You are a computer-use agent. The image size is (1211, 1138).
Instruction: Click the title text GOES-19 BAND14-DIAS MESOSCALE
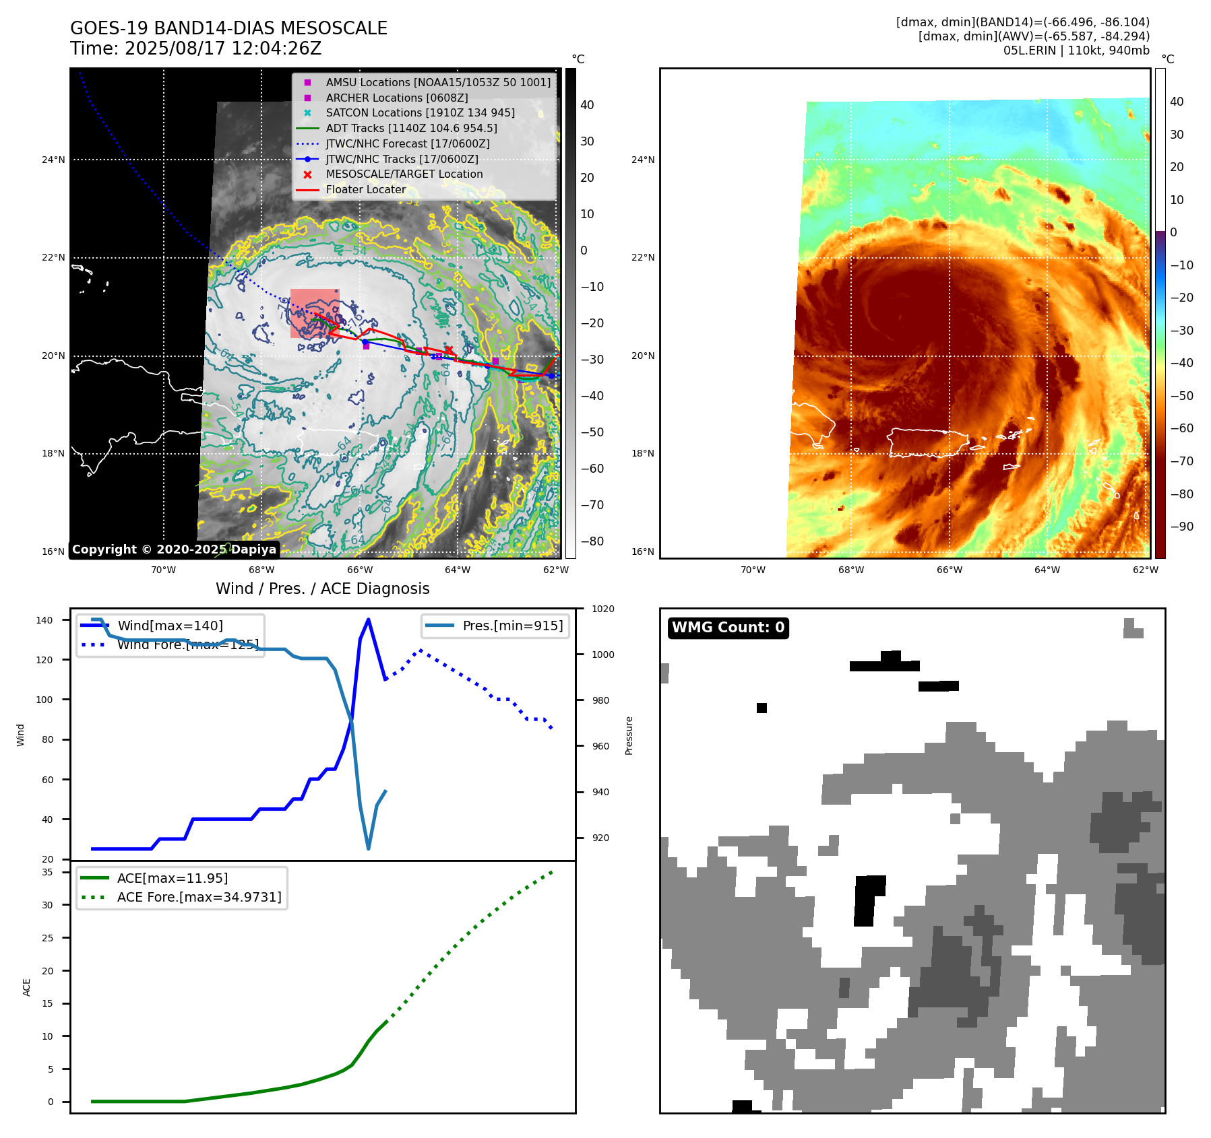point(228,28)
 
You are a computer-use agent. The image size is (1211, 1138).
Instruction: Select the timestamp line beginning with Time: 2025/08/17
point(195,48)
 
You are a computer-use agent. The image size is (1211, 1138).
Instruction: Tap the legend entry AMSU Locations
point(437,82)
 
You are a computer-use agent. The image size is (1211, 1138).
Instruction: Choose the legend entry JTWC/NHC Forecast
point(407,143)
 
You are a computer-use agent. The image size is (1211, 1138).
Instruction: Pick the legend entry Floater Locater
point(365,189)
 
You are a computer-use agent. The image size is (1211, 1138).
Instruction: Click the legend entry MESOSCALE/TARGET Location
point(404,174)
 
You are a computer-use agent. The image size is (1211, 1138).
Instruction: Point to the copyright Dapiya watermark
point(174,549)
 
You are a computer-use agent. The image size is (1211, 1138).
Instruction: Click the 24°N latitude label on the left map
point(53,160)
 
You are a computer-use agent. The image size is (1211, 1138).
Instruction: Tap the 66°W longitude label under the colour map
point(949,570)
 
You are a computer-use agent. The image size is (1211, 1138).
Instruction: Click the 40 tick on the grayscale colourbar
point(587,105)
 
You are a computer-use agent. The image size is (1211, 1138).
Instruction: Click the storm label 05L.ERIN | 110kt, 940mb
point(1076,51)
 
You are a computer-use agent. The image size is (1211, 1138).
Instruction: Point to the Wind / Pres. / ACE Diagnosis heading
point(322,589)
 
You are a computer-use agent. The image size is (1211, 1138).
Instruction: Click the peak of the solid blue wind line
point(368,619)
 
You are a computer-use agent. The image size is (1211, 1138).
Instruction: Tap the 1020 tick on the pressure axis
point(602,609)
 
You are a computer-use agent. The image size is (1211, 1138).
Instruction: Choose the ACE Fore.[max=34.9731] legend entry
point(199,897)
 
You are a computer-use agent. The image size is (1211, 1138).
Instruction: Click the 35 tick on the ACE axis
point(48,872)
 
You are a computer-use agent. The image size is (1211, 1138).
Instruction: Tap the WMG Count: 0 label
point(728,628)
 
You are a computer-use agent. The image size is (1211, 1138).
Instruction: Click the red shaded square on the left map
point(315,313)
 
